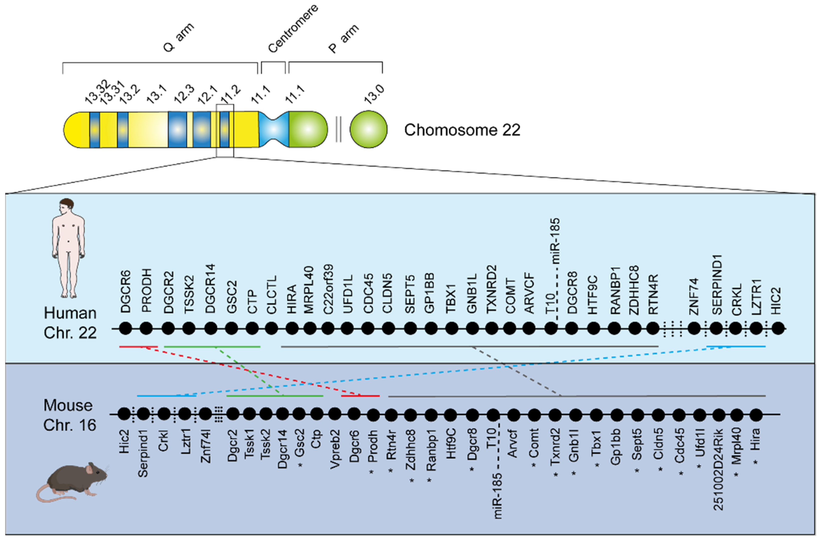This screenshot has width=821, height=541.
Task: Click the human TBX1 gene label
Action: click(x=451, y=299)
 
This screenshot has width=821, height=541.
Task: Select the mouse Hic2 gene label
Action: click(x=124, y=442)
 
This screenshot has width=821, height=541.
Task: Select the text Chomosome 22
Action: click(x=462, y=130)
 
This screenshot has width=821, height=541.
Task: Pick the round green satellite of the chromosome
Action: click(x=368, y=129)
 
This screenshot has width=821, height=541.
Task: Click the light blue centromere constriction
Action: click(x=274, y=129)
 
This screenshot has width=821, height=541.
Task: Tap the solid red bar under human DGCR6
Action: click(x=138, y=346)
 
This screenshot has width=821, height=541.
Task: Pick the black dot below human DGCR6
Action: click(x=126, y=328)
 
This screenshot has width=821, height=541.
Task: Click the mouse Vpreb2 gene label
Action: click(x=335, y=449)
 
